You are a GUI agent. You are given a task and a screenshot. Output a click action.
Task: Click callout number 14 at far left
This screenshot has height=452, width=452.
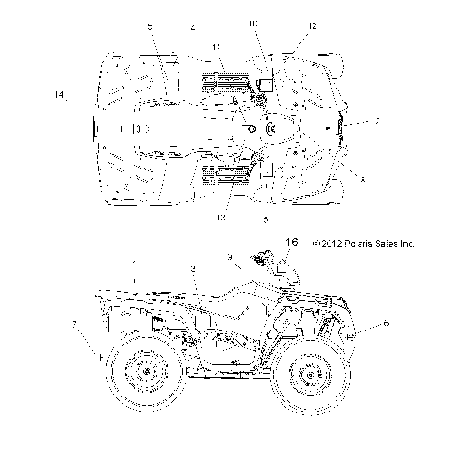59,95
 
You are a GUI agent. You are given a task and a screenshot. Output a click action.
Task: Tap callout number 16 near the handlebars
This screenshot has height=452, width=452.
291,242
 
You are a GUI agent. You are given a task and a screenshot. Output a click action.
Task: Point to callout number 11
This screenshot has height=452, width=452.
216,47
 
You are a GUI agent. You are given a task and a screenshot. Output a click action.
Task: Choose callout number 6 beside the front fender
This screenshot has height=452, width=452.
385,322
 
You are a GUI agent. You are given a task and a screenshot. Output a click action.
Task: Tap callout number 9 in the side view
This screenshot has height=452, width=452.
229,257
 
